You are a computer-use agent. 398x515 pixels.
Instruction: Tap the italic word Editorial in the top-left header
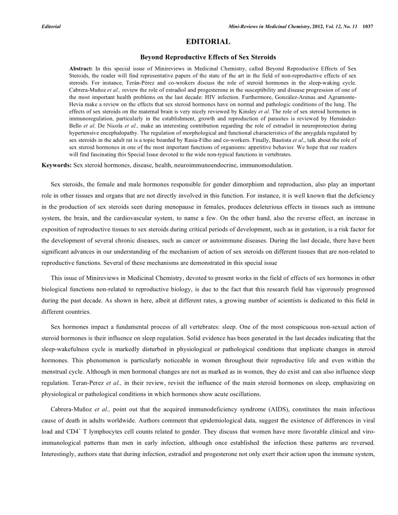[x=51, y=26]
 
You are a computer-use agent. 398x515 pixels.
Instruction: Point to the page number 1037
[x=368, y=26]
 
